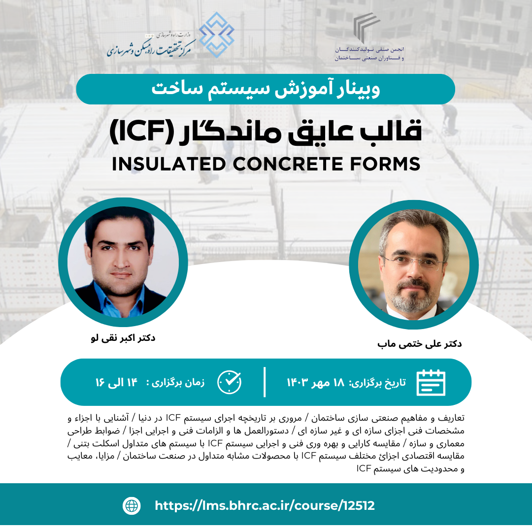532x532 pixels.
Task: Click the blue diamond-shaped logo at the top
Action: [x=216, y=34]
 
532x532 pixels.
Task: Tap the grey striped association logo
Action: [x=366, y=28]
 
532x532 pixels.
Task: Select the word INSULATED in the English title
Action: [x=169, y=164]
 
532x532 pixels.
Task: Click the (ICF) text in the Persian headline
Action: [x=142, y=132]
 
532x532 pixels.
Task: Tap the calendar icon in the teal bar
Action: [x=431, y=382]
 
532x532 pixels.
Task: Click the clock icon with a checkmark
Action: [x=230, y=382]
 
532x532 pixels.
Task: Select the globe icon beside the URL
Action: [x=132, y=505]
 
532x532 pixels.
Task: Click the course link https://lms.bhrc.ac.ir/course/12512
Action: [x=265, y=505]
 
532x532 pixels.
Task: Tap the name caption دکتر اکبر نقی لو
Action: [x=123, y=338]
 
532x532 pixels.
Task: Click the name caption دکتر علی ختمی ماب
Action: [x=419, y=344]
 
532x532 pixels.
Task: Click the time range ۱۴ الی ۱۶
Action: [x=116, y=383]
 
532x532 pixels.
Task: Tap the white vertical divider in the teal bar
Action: [x=265, y=382]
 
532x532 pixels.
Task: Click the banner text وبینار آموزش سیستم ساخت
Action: [x=266, y=89]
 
